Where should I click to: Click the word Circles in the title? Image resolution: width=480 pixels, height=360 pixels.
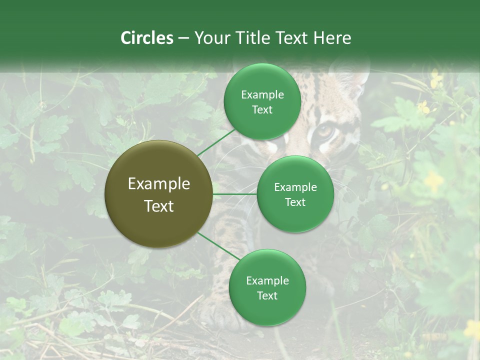pos(146,38)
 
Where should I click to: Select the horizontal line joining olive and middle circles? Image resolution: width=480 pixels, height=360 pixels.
pos(235,194)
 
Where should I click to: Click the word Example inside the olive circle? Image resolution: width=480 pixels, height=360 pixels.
pos(159,184)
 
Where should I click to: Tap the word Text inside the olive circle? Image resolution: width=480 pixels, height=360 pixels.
pos(159,206)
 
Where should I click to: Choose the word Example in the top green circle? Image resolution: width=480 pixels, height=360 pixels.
pos(262,95)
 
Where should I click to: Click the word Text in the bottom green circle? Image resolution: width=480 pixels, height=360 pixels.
pos(267,295)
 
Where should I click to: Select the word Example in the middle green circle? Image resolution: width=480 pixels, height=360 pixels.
pos(295,187)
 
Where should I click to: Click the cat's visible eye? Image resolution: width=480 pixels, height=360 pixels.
pos(325,132)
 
